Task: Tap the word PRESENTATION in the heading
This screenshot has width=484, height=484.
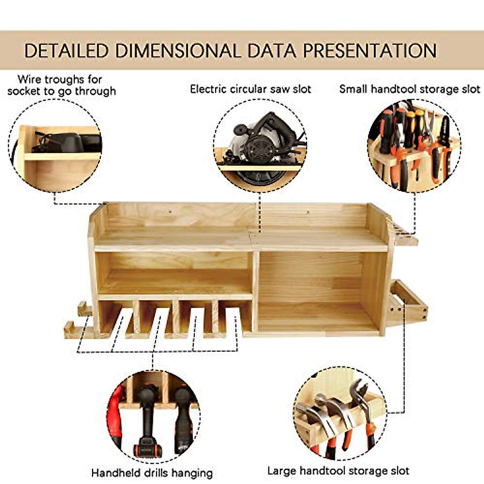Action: click(369, 51)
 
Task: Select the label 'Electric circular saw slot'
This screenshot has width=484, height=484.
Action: click(250, 89)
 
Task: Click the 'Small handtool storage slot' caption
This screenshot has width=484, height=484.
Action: click(409, 89)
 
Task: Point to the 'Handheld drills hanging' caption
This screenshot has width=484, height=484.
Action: click(152, 473)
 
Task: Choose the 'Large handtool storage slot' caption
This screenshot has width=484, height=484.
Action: click(338, 471)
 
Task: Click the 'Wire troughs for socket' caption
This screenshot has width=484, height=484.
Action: click(61, 85)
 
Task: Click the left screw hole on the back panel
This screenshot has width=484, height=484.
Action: click(170, 211)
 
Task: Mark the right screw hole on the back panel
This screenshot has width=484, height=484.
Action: click(308, 212)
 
